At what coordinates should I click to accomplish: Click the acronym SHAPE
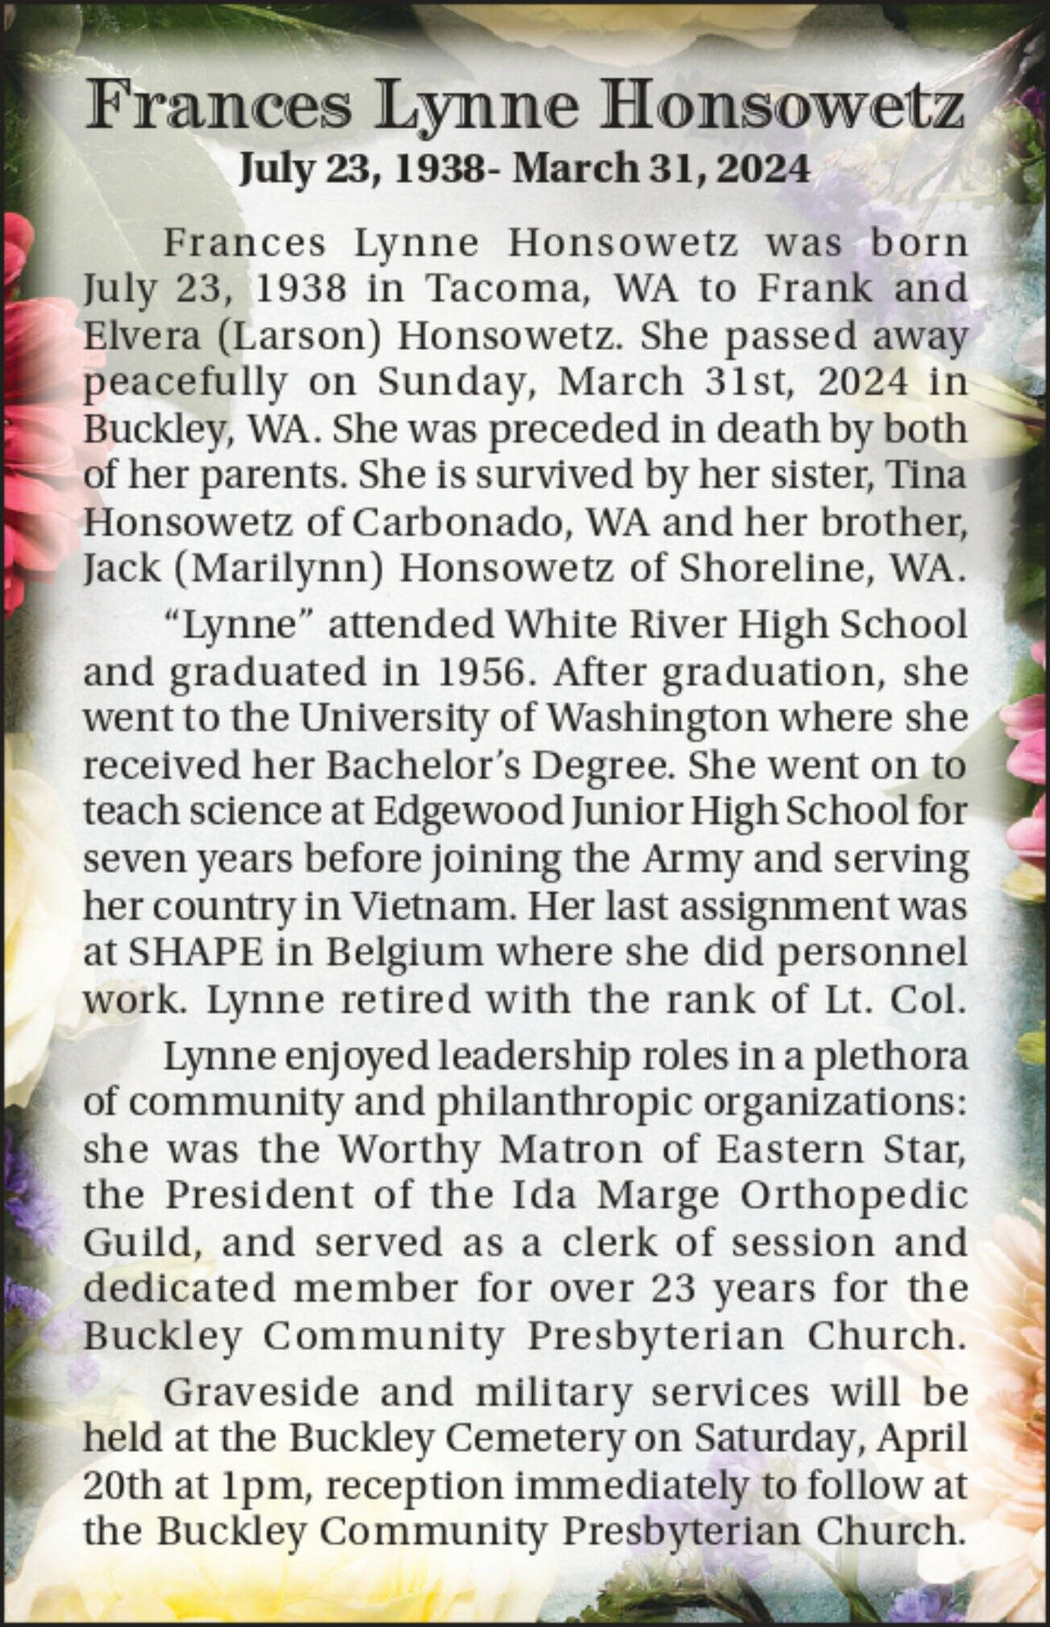(x=196, y=953)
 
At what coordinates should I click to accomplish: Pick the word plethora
(x=892, y=1057)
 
